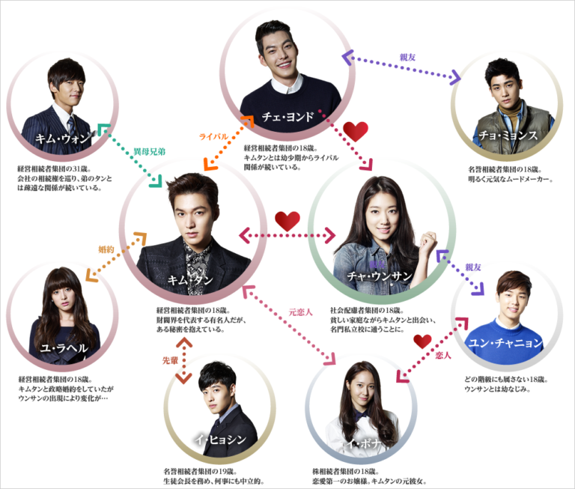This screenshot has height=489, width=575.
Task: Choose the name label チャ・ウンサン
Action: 380,276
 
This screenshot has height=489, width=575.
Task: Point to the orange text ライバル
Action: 213,137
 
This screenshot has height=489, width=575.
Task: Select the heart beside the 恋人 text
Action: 422,341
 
